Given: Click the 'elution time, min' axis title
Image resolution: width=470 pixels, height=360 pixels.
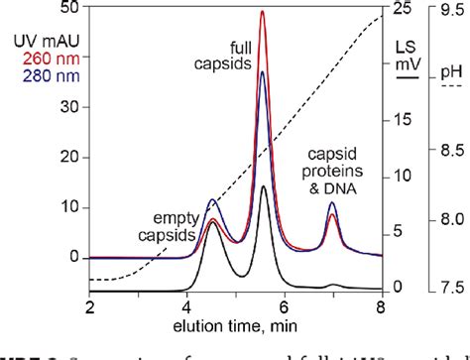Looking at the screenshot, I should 236,329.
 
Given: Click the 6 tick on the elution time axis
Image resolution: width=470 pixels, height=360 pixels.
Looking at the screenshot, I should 285,308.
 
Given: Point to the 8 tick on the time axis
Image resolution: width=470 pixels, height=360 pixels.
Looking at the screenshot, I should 382,308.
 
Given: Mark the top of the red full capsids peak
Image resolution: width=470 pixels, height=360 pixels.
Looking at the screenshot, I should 262,12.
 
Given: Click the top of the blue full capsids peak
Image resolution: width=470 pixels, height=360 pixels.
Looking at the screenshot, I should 262,71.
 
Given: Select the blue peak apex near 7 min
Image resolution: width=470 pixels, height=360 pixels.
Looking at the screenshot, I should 332,202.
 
